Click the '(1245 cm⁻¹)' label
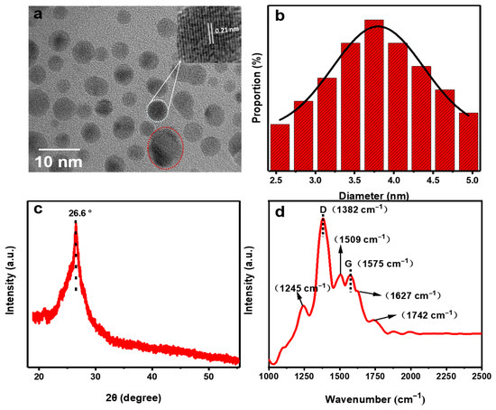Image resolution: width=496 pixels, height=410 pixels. (x=301, y=287)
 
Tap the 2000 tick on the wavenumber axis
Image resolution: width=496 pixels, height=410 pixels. (x=410, y=375)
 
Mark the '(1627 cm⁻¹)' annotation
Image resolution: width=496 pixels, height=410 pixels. (x=413, y=294)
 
